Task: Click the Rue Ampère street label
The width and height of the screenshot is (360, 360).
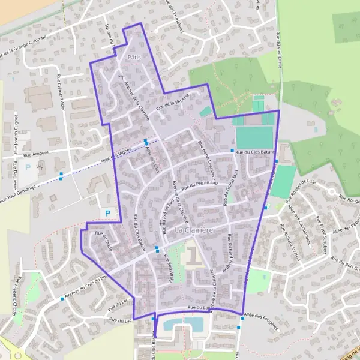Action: point(35,154)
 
